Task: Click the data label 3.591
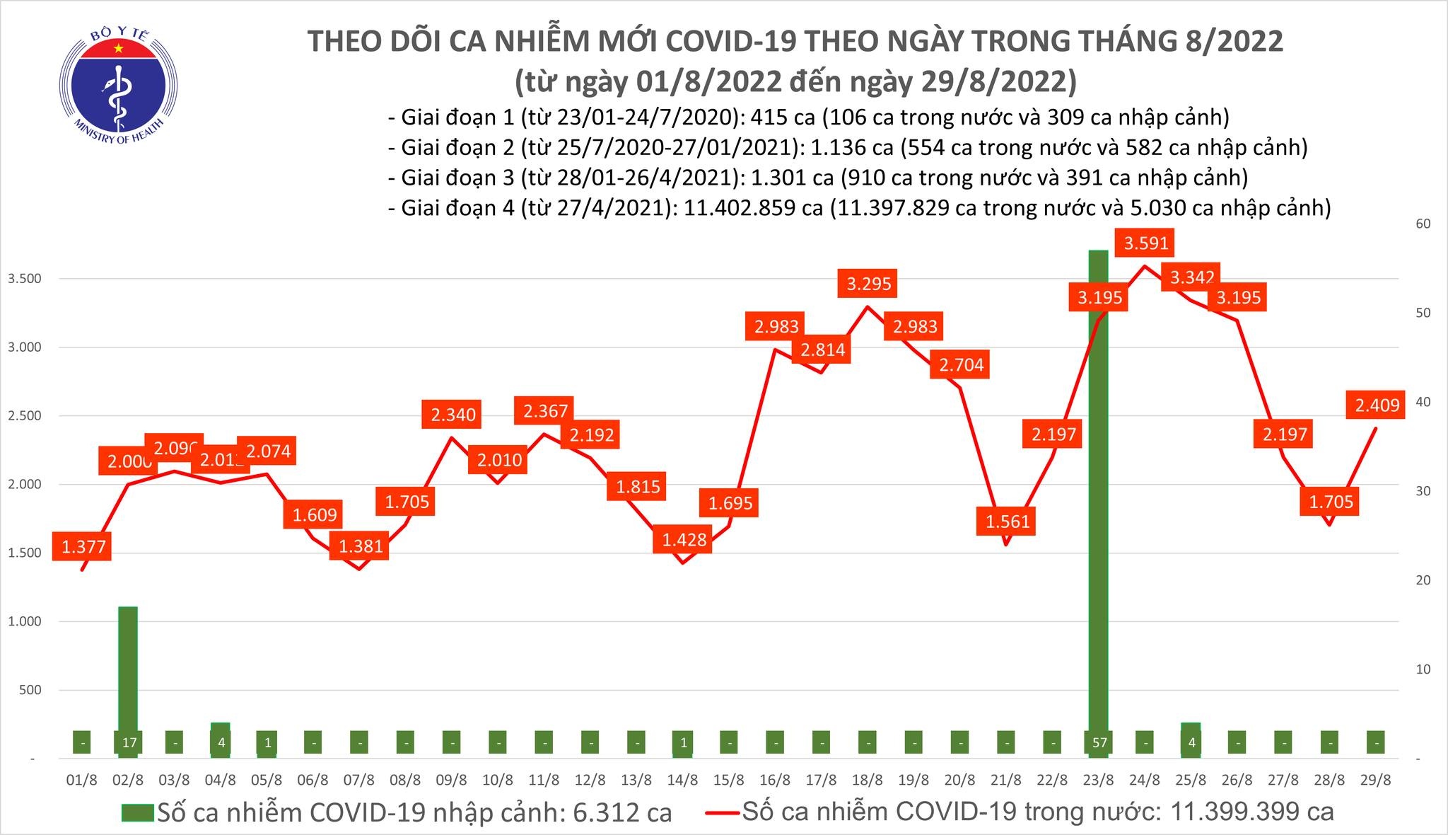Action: click(1146, 243)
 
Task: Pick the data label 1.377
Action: click(83, 546)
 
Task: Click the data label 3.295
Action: click(869, 284)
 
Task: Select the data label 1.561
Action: click(1006, 522)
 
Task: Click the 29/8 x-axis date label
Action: click(1376, 780)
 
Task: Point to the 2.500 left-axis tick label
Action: click(23, 416)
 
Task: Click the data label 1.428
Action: click(684, 540)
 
